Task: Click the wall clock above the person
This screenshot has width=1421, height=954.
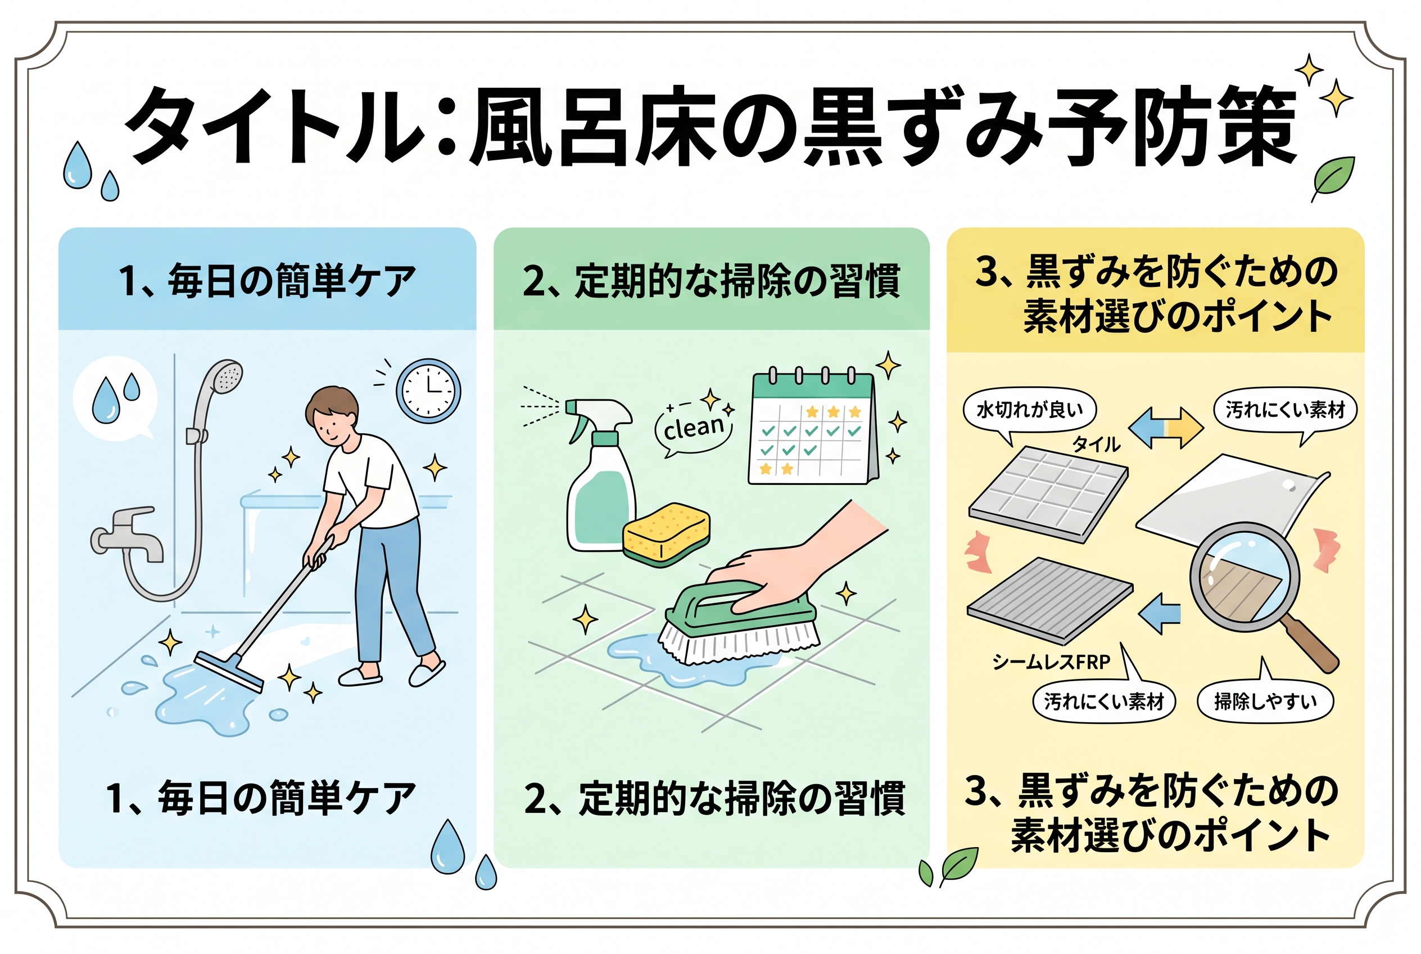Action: tap(428, 390)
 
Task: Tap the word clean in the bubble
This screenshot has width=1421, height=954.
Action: tap(694, 429)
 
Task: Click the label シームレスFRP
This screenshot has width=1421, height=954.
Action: tap(1051, 661)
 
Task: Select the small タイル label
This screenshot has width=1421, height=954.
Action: tap(1096, 444)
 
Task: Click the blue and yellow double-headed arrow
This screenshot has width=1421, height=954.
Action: tap(1166, 427)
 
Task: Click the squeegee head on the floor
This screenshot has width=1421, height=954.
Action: tap(229, 673)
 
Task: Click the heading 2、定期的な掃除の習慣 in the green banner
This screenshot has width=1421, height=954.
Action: tap(711, 281)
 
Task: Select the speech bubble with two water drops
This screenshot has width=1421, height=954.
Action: tap(115, 397)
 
